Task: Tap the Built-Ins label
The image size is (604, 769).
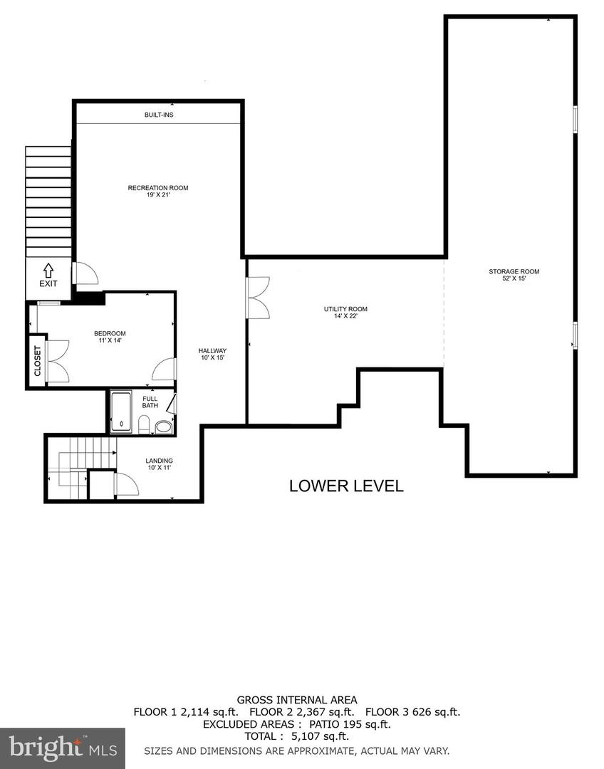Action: point(158,115)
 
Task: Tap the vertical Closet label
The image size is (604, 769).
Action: point(38,361)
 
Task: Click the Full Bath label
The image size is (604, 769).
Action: point(150,402)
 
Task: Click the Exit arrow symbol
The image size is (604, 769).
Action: point(48,271)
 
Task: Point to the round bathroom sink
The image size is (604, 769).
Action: point(163,427)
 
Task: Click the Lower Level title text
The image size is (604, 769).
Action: point(346,486)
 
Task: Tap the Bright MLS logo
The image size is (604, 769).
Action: point(62,748)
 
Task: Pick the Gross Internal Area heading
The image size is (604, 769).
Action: point(297,700)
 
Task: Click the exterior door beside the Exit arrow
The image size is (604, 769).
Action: point(81,274)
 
